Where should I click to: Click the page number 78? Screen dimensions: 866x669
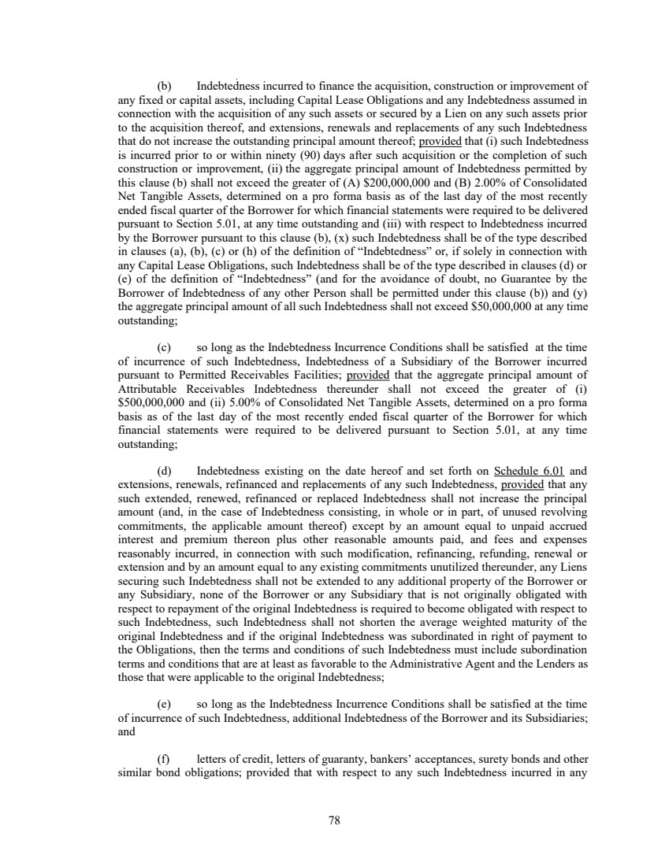pos(334,820)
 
